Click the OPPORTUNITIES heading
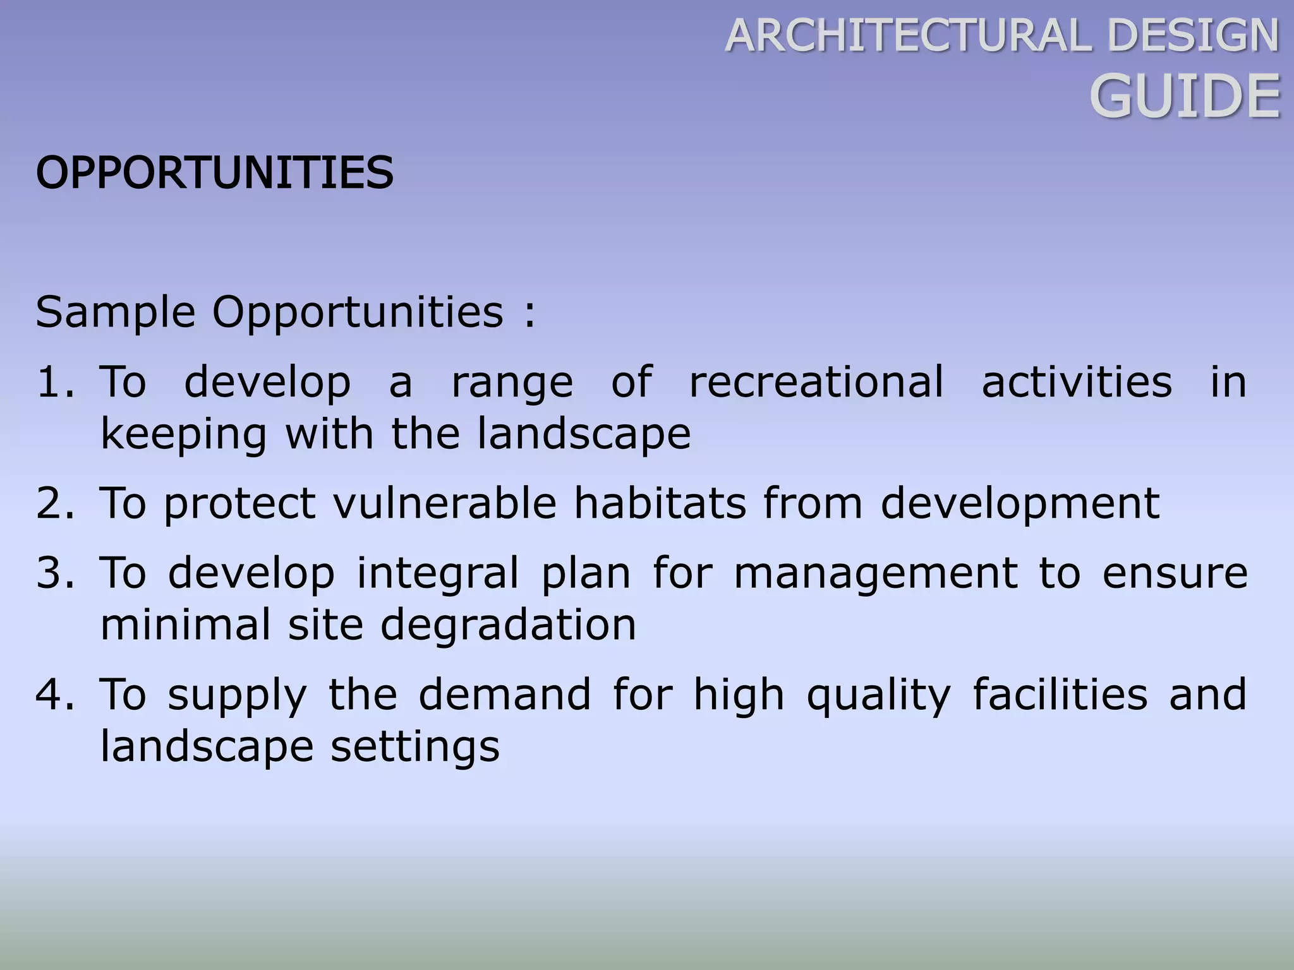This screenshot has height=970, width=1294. (x=214, y=172)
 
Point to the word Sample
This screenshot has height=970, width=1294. (x=116, y=313)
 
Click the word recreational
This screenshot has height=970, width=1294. (x=816, y=382)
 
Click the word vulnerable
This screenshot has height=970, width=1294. (x=445, y=503)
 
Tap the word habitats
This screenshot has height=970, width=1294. (x=660, y=503)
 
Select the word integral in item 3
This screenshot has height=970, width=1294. (x=437, y=573)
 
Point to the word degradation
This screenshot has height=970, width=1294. (x=508, y=625)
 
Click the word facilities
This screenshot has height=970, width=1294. (x=1060, y=694)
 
